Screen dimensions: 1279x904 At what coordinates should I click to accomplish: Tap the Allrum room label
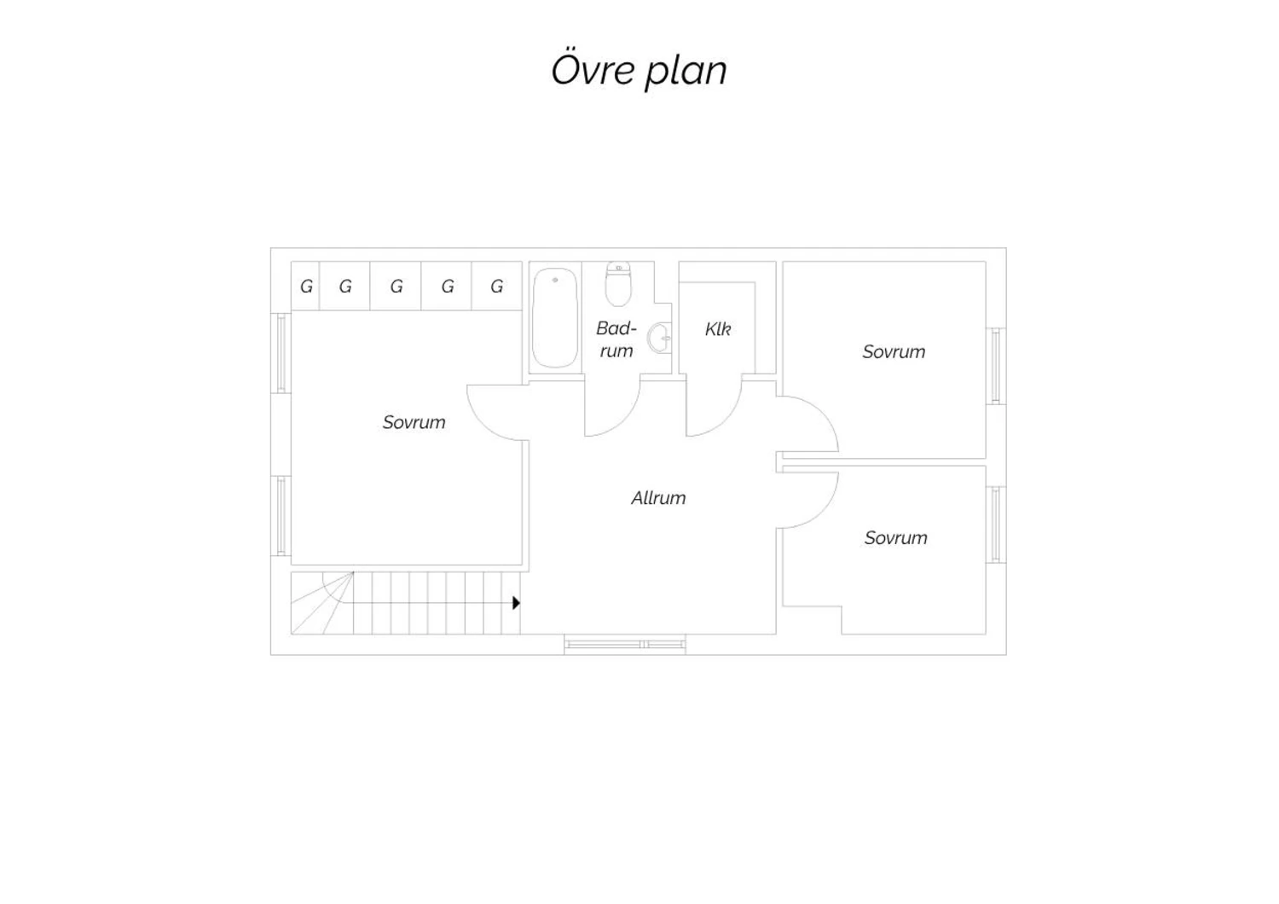(x=658, y=498)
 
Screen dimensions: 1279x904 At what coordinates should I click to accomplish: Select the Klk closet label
(x=718, y=329)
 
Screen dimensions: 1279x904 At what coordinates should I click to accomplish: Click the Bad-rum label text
(x=616, y=339)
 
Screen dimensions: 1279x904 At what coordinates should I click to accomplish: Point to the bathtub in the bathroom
(x=554, y=317)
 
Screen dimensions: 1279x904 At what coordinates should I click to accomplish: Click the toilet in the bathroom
(x=618, y=284)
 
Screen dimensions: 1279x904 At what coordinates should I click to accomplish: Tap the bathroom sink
(x=660, y=338)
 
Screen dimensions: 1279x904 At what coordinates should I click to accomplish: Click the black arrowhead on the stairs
(x=516, y=602)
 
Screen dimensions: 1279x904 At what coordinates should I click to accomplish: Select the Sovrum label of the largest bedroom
(x=414, y=423)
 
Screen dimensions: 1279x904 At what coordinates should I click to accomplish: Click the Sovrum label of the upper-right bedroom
(x=894, y=351)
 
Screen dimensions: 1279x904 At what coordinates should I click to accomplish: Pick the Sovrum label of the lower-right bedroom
(x=895, y=538)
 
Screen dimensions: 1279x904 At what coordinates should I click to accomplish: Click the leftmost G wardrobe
(x=305, y=286)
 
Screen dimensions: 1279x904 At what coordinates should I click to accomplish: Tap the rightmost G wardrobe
(x=497, y=286)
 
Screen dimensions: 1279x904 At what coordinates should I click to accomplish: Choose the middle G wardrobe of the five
(x=396, y=286)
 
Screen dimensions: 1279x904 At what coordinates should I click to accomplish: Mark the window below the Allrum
(x=625, y=644)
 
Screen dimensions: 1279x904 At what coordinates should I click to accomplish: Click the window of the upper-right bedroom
(x=996, y=366)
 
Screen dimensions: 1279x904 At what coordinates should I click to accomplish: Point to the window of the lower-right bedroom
(x=996, y=524)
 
